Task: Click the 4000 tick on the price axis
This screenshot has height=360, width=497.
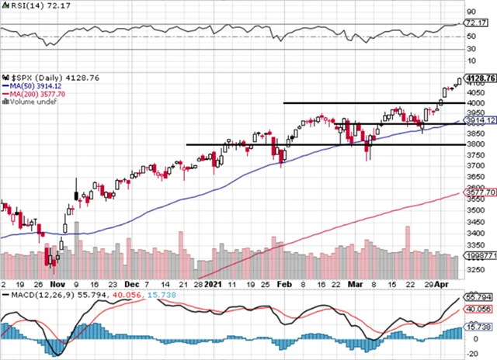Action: point(473,102)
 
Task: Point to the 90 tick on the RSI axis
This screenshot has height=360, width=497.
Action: point(469,13)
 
